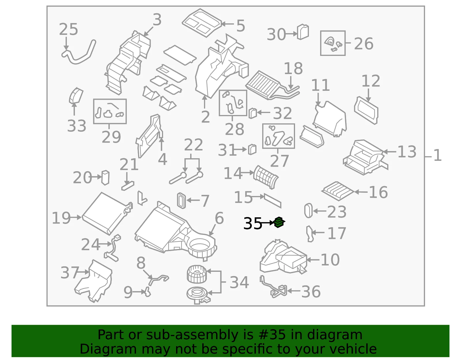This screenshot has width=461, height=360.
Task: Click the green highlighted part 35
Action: coord(279,222)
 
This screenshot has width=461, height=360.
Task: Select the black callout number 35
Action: coord(252,224)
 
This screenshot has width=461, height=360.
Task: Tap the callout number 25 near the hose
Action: coord(68,29)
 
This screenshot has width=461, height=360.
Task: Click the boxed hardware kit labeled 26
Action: coord(333,43)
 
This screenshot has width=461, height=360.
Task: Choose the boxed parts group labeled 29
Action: coord(110,111)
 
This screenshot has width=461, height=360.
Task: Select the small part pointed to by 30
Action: coord(303,32)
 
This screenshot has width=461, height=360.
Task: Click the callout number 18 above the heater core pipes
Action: coord(293,69)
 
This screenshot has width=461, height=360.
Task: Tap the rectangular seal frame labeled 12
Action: coord(366,110)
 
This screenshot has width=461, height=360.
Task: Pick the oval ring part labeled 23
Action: coord(308,210)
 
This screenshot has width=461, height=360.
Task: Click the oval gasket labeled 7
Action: coord(182,201)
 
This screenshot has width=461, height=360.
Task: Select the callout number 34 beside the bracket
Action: coord(239,282)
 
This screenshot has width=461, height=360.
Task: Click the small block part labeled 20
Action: coord(105,178)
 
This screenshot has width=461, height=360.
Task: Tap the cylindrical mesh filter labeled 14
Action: coord(266,177)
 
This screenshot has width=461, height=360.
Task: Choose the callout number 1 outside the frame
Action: coord(437,155)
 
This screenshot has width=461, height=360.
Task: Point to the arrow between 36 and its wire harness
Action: coord(294,291)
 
